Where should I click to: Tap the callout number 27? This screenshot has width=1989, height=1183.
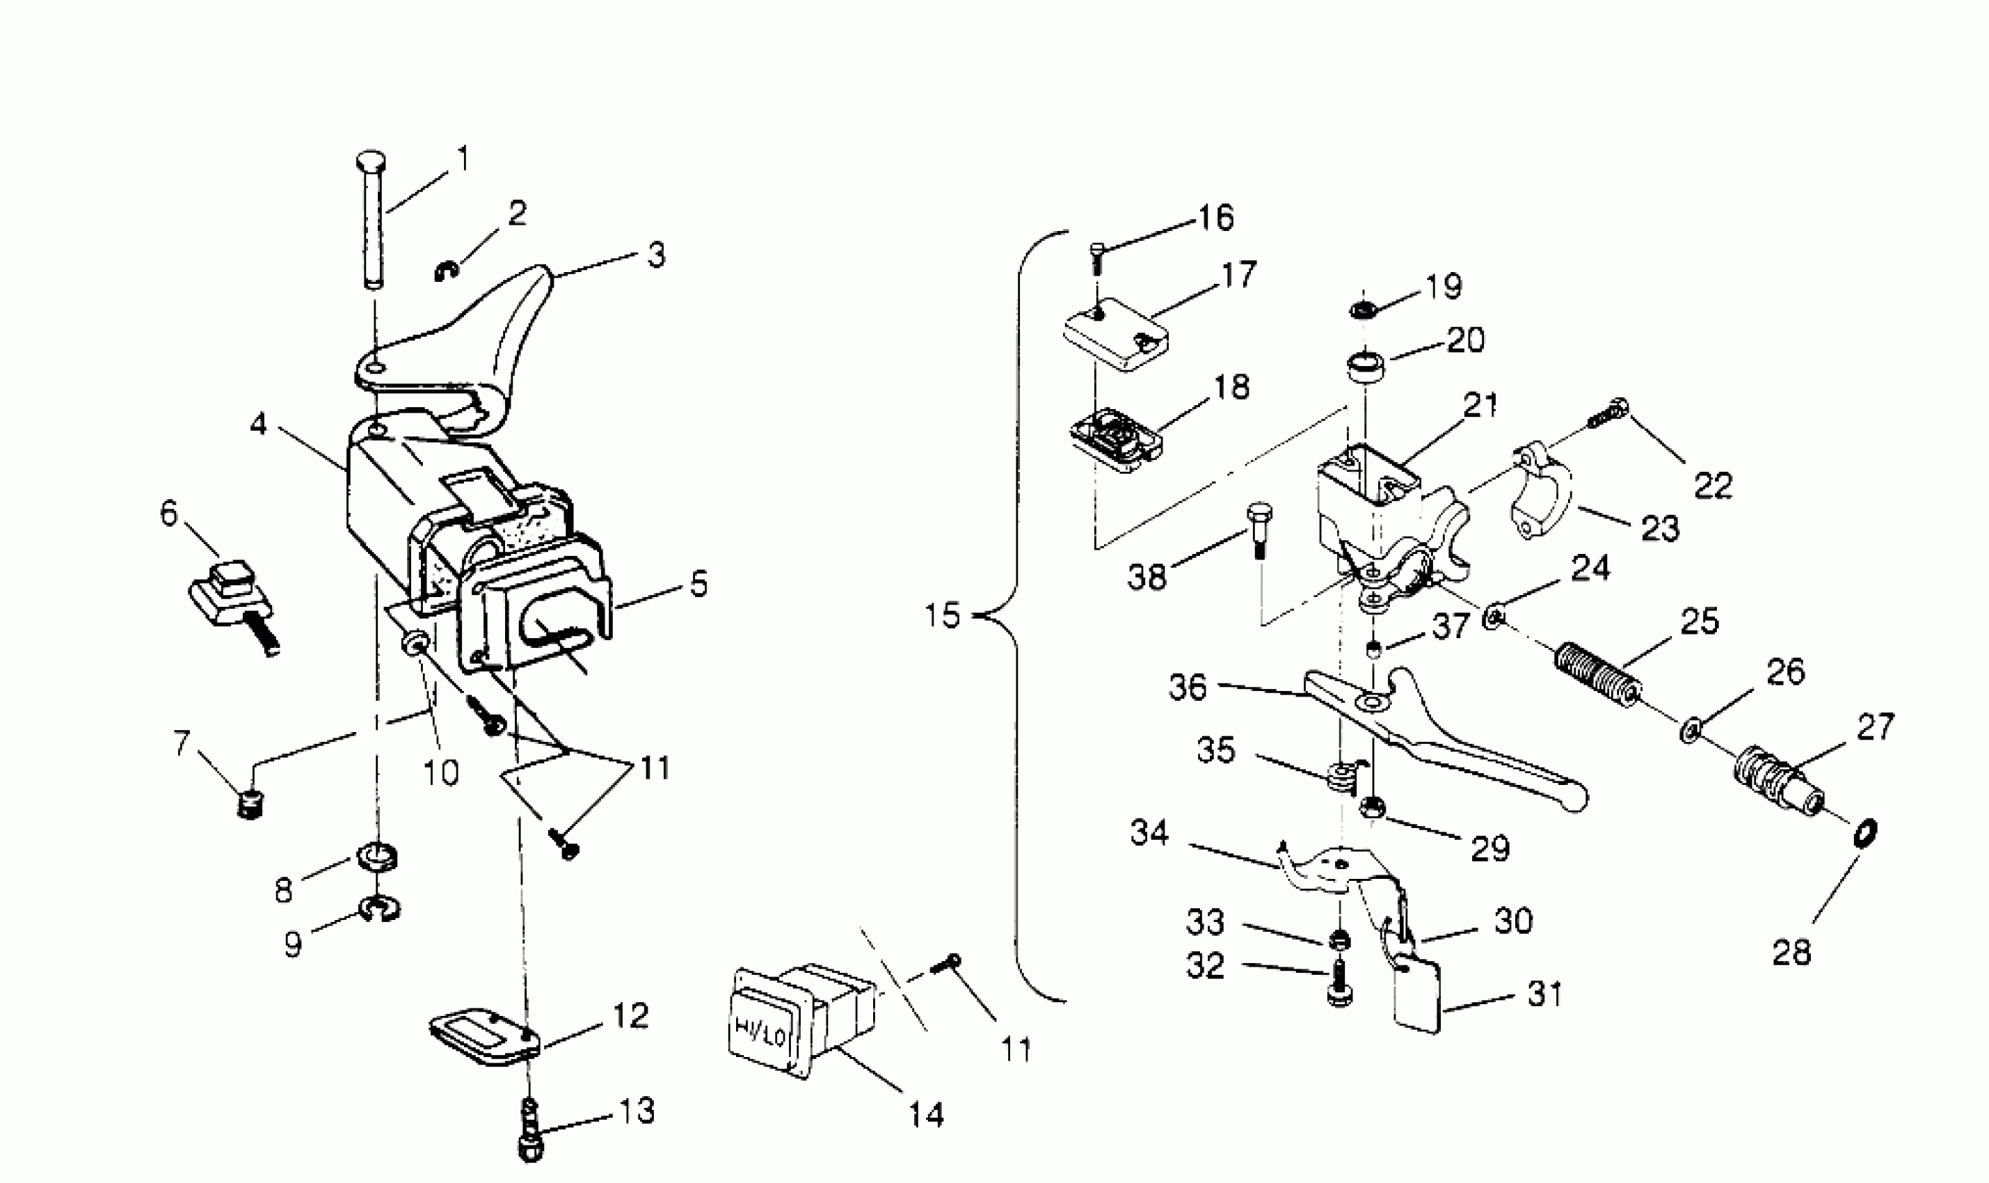(x=1874, y=727)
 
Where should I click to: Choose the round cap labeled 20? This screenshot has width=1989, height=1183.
(x=1364, y=367)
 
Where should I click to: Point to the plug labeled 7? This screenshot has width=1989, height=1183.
(x=251, y=805)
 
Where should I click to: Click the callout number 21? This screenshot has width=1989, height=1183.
(x=1480, y=405)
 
